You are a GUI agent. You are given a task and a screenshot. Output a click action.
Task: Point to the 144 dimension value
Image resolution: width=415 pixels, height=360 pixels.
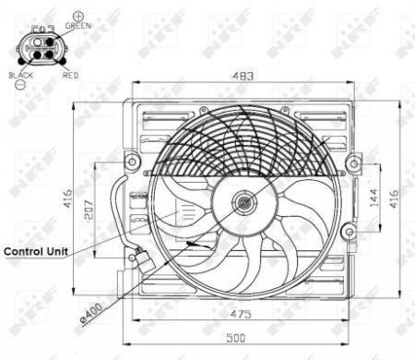pos(373,197)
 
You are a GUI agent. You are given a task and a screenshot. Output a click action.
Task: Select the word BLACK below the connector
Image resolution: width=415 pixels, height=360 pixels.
pos(19,74)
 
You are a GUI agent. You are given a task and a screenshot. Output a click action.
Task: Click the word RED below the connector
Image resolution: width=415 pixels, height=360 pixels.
pos(69,74)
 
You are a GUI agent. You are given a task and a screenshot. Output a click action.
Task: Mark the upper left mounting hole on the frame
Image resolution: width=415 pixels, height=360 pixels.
pos(133,163)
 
